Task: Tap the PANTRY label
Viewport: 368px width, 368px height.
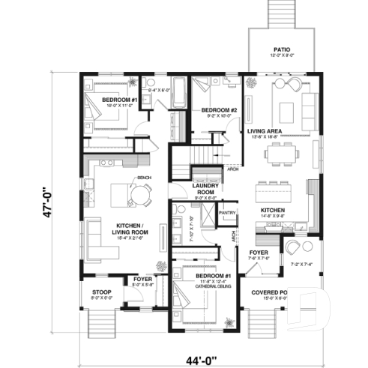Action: (227, 213)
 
